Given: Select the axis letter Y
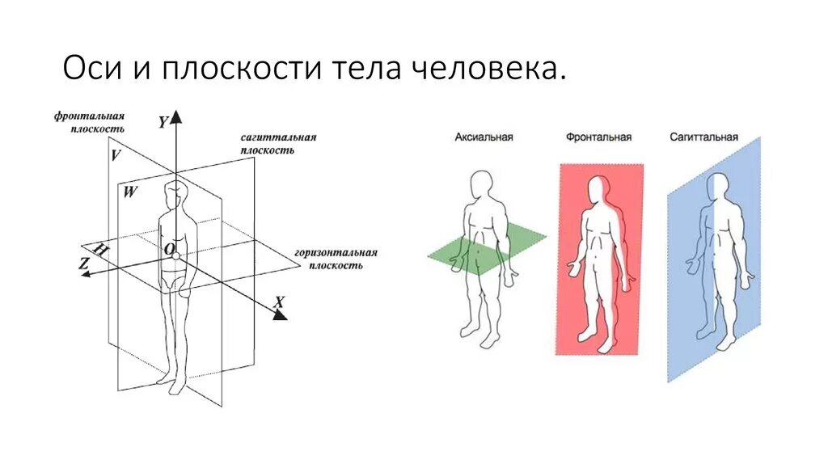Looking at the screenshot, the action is click(163, 122).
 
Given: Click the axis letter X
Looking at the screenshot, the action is click(279, 302).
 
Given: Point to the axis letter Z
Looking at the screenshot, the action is click(83, 263).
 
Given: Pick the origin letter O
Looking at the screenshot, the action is click(169, 251).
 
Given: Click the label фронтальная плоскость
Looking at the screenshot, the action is click(90, 123).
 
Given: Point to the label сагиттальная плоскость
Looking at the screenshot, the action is click(277, 144).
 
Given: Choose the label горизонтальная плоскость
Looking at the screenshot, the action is click(336, 259).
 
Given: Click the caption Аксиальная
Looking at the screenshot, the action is click(484, 137).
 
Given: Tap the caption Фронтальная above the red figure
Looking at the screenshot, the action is click(598, 137).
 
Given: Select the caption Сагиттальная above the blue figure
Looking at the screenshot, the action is click(703, 137).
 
